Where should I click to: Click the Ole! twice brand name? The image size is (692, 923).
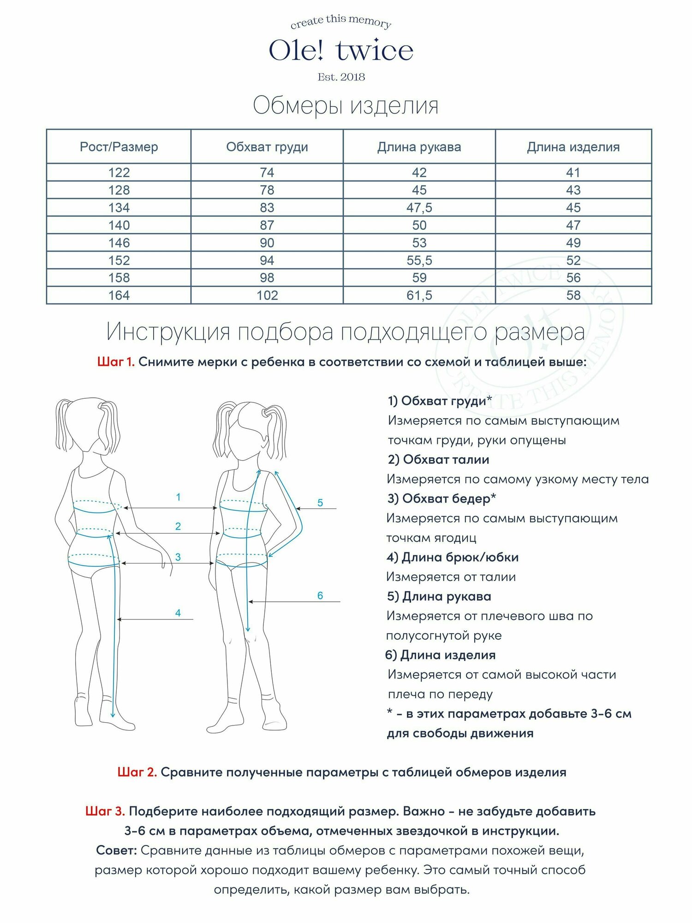tap(341, 51)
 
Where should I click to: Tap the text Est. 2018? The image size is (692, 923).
tap(341, 77)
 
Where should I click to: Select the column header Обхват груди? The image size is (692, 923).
tap(267, 147)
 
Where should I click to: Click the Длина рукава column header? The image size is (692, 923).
tap(419, 147)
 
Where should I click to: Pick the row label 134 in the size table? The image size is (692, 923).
tap(119, 208)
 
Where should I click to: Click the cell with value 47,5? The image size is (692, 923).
tap(419, 208)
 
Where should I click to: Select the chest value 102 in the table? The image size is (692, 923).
tap(267, 295)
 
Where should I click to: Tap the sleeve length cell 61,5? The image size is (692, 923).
tap(419, 295)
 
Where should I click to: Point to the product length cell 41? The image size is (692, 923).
tap(573, 173)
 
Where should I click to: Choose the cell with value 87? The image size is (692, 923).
tap(267, 225)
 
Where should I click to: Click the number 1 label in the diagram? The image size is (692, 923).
tap(178, 497)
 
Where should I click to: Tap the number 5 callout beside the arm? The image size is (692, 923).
tap(320, 503)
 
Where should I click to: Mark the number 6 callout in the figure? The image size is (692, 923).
tap(320, 596)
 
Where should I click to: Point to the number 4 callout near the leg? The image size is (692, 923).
tap(178, 613)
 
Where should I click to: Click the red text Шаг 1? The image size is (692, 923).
tap(116, 362)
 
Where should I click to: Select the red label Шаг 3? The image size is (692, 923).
tap(105, 811)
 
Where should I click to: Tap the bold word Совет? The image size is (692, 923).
tap(116, 850)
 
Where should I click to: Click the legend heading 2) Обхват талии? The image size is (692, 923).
tap(438, 460)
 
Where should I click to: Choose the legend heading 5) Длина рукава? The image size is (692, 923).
tap(439, 596)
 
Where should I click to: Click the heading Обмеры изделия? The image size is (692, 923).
tap(346, 106)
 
